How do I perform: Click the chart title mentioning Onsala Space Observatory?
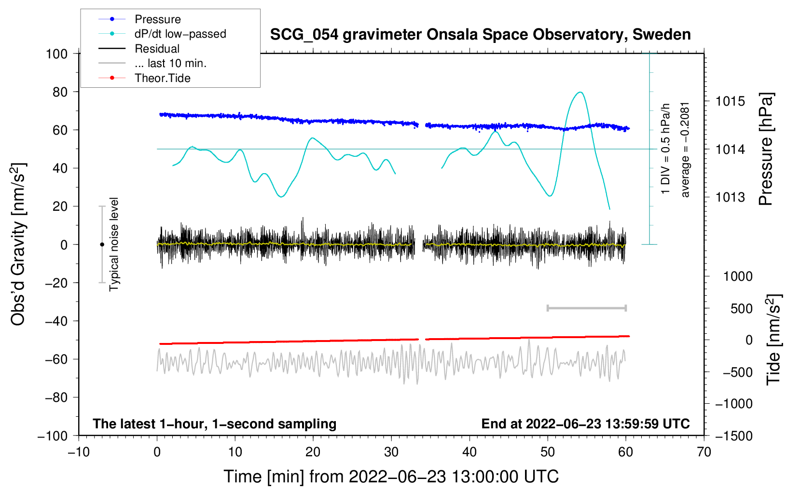pos(480,35)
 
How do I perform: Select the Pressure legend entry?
pos(140,19)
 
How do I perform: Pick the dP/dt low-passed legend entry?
pos(162,34)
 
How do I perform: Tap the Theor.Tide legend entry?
pos(144,78)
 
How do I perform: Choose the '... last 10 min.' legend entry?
pos(152,63)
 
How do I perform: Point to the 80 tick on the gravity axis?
pos(60,92)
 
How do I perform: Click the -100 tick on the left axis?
pos(53,436)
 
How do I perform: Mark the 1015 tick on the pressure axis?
pos(730,101)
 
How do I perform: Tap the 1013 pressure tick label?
pos(730,197)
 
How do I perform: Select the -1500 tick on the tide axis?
pos(734,436)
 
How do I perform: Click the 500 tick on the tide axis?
pos(742,308)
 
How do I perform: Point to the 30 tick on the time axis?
pos(391,452)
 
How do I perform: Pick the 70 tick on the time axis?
pos(704,452)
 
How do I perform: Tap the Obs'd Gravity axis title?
pos(18,244)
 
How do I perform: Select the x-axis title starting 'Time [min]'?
pos(391,477)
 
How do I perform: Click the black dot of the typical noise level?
pos(102,245)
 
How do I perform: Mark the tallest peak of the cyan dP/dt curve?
pos(580,92)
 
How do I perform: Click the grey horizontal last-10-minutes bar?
pos(586,308)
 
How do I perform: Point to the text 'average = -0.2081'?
pos(685,150)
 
